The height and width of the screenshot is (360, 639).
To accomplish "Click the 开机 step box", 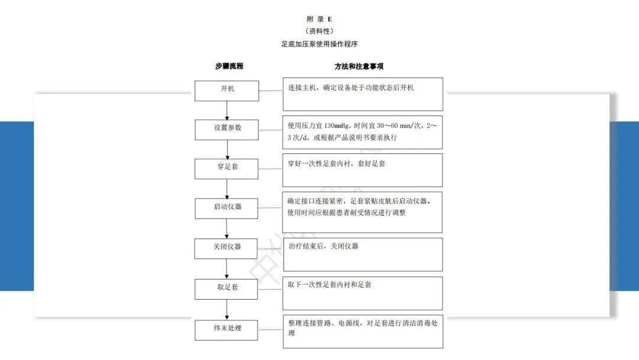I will (227, 90).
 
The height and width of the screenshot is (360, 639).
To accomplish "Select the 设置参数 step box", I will (227, 128).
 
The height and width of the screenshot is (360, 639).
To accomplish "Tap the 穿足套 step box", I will (227, 168).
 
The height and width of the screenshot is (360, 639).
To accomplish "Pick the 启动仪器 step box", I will (227, 208).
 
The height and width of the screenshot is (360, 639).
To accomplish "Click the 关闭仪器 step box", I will (227, 247).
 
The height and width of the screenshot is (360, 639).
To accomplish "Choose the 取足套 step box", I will (227, 288).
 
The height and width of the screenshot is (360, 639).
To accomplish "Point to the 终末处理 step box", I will (227, 329).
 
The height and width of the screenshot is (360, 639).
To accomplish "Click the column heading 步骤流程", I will (229, 66).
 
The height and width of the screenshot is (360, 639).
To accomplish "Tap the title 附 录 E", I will (319, 19).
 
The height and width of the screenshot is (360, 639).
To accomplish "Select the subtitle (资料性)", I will (319, 31).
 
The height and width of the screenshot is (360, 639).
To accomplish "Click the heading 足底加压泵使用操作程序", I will (319, 44).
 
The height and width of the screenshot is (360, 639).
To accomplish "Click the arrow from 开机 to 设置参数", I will (227, 110).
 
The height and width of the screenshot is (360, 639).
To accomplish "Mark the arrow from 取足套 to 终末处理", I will (227, 308).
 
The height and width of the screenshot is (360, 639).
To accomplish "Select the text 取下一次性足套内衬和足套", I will (330, 285).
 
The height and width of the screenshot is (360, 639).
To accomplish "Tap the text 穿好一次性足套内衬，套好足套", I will (336, 163).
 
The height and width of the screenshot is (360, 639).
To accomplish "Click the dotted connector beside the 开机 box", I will (270, 91).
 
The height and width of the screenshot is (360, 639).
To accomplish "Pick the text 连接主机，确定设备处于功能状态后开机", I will (351, 88).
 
